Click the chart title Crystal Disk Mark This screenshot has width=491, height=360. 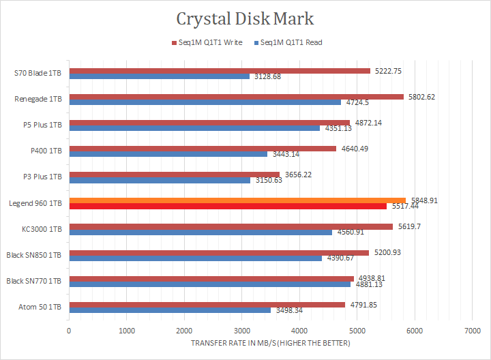tap(245, 18)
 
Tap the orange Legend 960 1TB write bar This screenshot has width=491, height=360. tap(237, 200)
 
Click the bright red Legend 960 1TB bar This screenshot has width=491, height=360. tap(228, 206)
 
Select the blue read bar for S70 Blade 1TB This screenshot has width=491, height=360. tap(159, 76)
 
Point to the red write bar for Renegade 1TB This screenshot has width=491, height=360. tap(236, 97)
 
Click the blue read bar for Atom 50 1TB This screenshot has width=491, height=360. tap(170, 310)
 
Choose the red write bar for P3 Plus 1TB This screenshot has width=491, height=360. tap(174, 175)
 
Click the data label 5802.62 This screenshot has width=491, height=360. tap(422, 97)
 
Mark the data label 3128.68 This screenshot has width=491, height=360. tap(268, 76)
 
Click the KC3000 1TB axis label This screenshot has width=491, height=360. tap(42, 229)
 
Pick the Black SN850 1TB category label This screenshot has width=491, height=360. tap(34, 255)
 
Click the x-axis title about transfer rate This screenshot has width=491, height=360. tap(271, 343)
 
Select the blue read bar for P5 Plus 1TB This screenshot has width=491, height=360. tap(194, 128)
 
